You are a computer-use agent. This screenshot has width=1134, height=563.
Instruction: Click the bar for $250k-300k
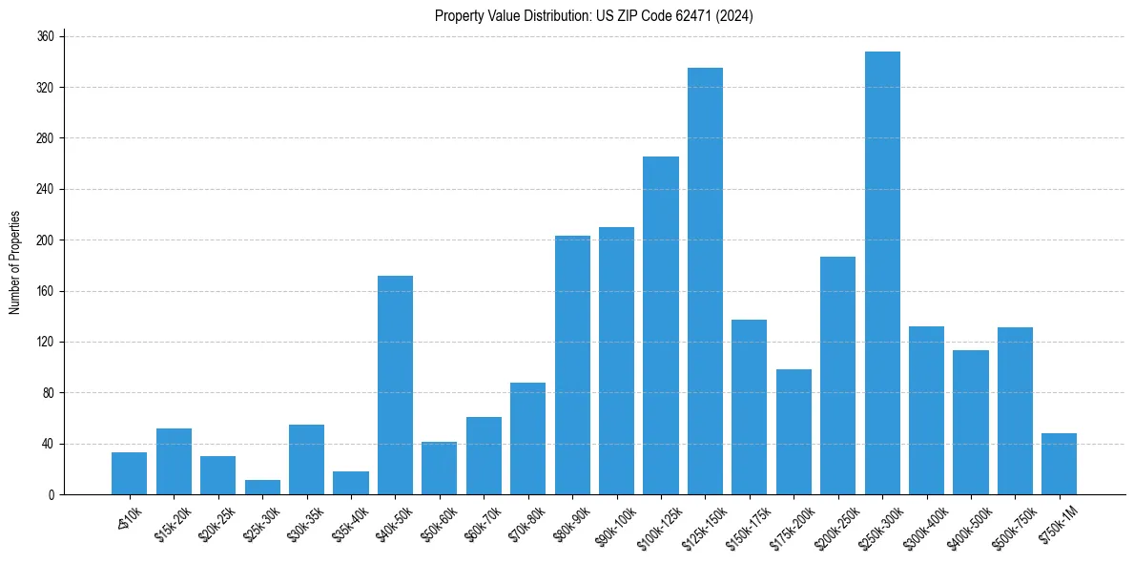click(882, 273)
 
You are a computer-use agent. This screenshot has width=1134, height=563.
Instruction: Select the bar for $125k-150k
click(705, 281)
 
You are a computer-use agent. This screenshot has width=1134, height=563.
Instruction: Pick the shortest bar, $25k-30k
click(262, 488)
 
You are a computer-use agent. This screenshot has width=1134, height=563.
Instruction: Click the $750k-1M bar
click(1059, 464)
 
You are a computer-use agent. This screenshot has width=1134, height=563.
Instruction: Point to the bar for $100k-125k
click(661, 325)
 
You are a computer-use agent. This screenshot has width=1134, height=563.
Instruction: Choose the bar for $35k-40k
click(351, 483)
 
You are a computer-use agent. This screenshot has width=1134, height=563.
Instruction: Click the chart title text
click(594, 16)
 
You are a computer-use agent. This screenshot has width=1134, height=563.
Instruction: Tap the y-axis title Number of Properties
click(14, 262)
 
